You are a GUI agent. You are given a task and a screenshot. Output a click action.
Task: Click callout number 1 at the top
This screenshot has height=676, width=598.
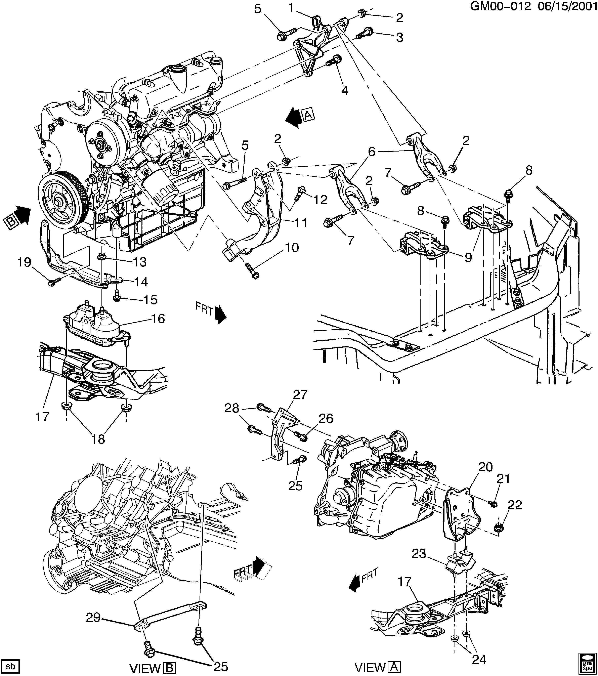[x=291, y=8]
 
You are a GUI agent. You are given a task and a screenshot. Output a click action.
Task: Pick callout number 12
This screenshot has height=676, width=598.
[x=320, y=200]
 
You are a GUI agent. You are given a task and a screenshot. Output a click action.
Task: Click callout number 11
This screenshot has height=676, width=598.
[x=301, y=223]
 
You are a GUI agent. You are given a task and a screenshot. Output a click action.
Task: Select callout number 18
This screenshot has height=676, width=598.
[x=98, y=439]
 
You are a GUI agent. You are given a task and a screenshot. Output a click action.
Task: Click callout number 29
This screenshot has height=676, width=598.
[x=93, y=618]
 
